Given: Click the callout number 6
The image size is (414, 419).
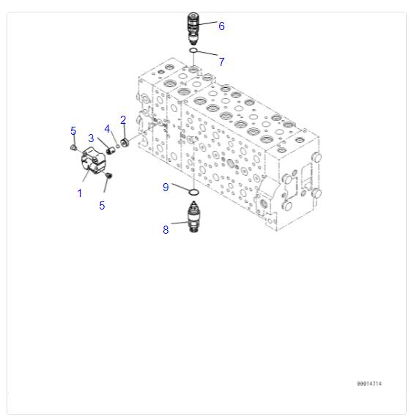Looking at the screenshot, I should pyautogui.click(x=221, y=26).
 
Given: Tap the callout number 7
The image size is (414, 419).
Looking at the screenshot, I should pyautogui.click(x=221, y=62).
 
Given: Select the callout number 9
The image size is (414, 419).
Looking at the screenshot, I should pyautogui.click(x=166, y=188).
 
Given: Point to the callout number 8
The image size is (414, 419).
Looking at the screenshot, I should pyautogui.click(x=166, y=229).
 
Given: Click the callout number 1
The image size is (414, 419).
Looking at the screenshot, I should pyautogui.click(x=79, y=193).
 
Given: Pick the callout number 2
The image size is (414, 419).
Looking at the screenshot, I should pyautogui.click(x=123, y=119).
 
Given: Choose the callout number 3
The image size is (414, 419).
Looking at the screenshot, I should pyautogui.click(x=91, y=138).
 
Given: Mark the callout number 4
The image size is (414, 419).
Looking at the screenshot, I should pyautogui.click(x=107, y=129).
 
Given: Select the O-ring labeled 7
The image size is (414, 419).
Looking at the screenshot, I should pyautogui.click(x=193, y=51).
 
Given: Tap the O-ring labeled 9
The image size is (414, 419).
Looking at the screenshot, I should pyautogui.click(x=193, y=193).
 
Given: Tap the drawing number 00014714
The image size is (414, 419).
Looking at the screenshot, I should pyautogui.click(x=369, y=384).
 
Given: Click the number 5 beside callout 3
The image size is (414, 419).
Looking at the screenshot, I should pyautogui.click(x=73, y=131).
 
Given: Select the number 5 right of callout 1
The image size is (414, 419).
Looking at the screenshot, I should pyautogui.click(x=102, y=206).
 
